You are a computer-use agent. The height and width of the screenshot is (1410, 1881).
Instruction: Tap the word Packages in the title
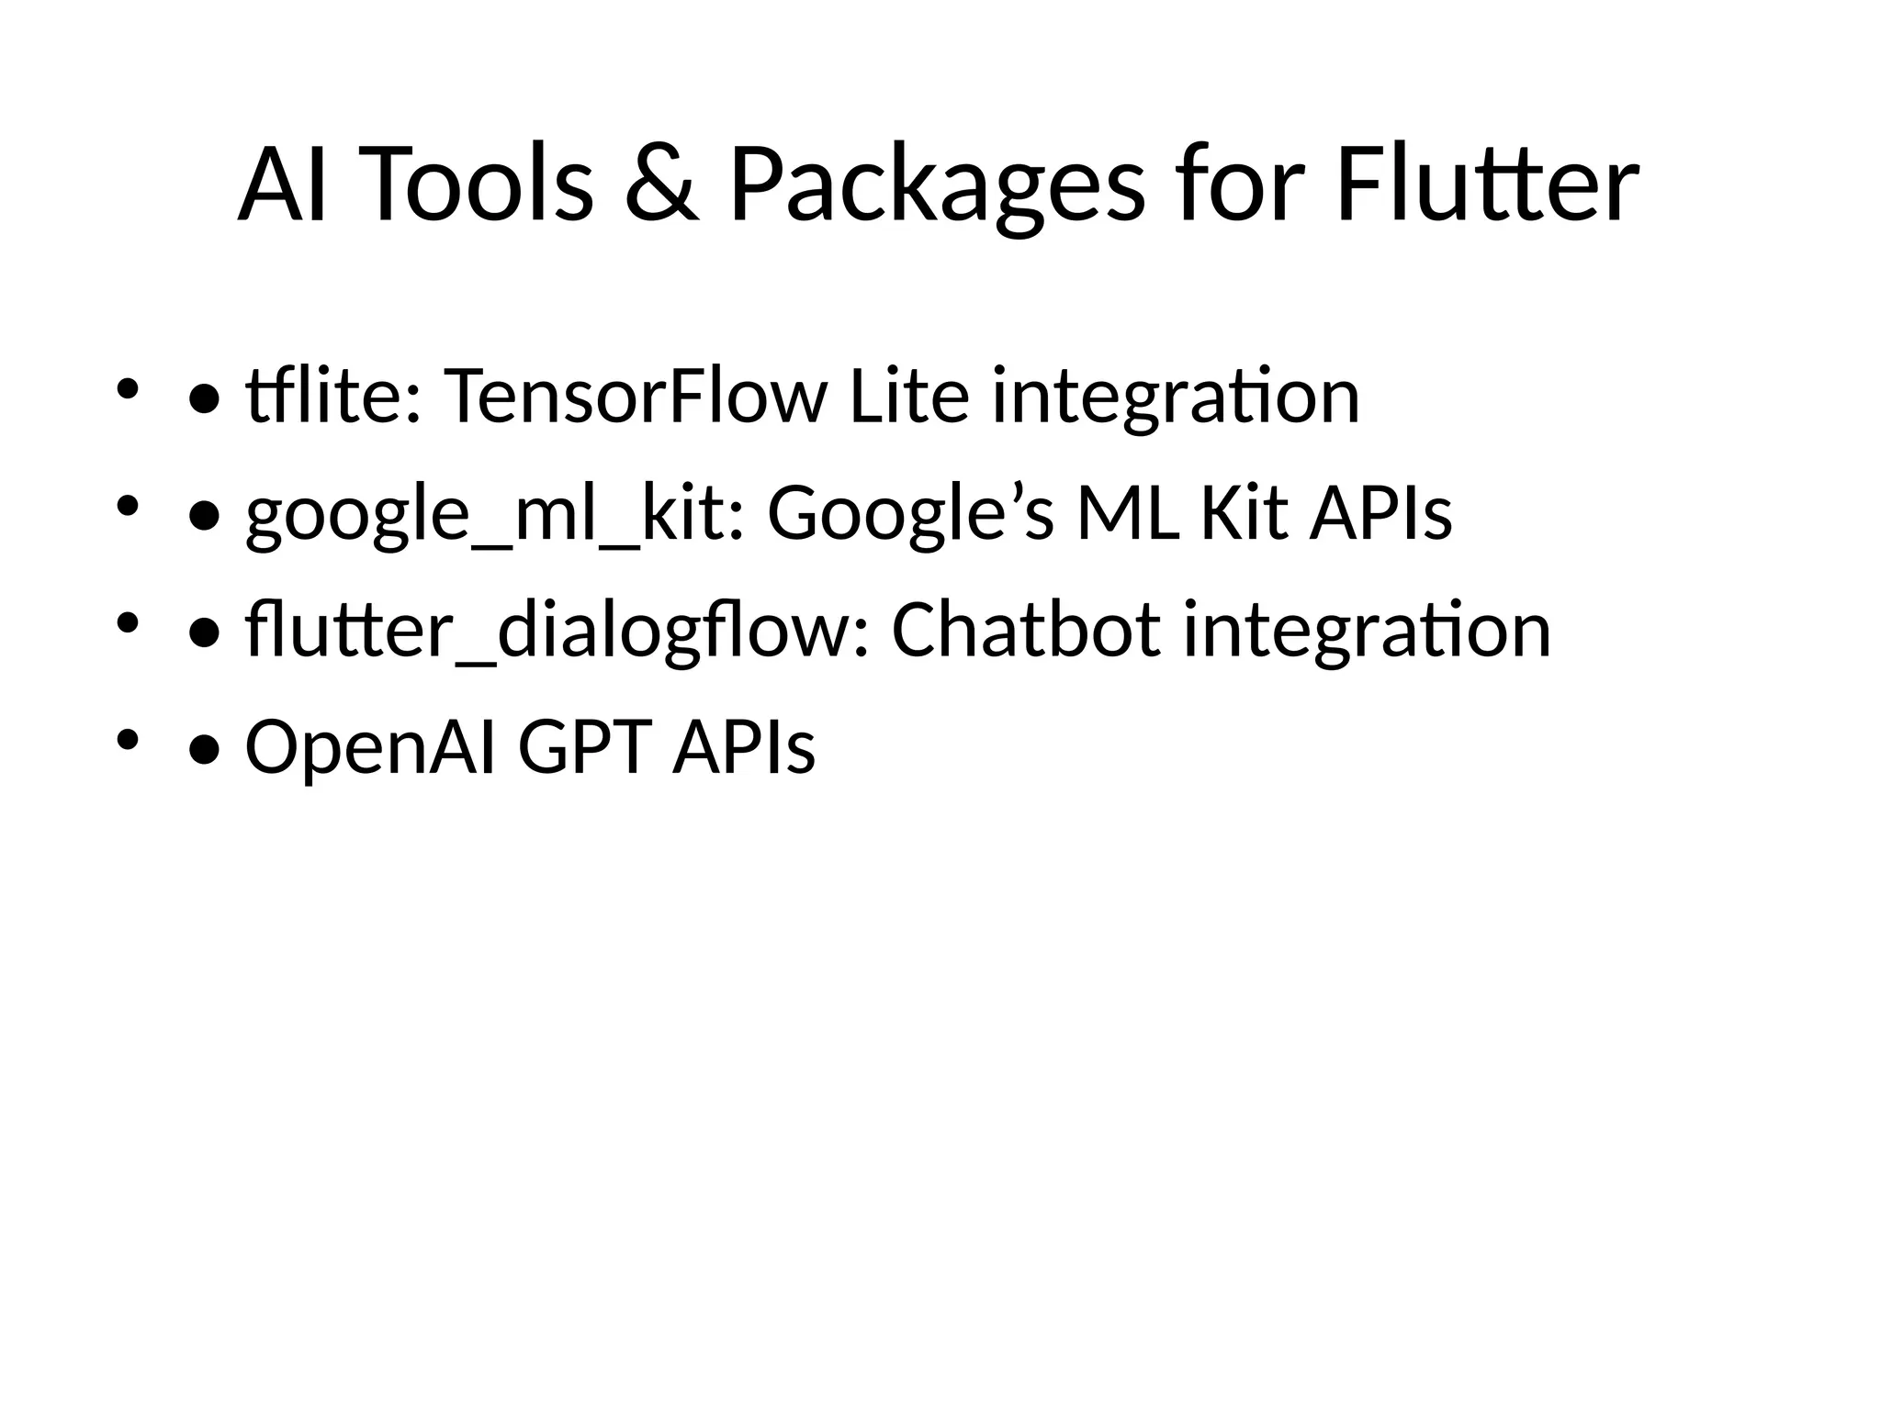point(937,186)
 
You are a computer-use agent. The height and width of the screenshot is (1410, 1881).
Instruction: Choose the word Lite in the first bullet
point(909,396)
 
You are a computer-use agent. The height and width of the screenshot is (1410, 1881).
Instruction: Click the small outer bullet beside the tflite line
point(127,388)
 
